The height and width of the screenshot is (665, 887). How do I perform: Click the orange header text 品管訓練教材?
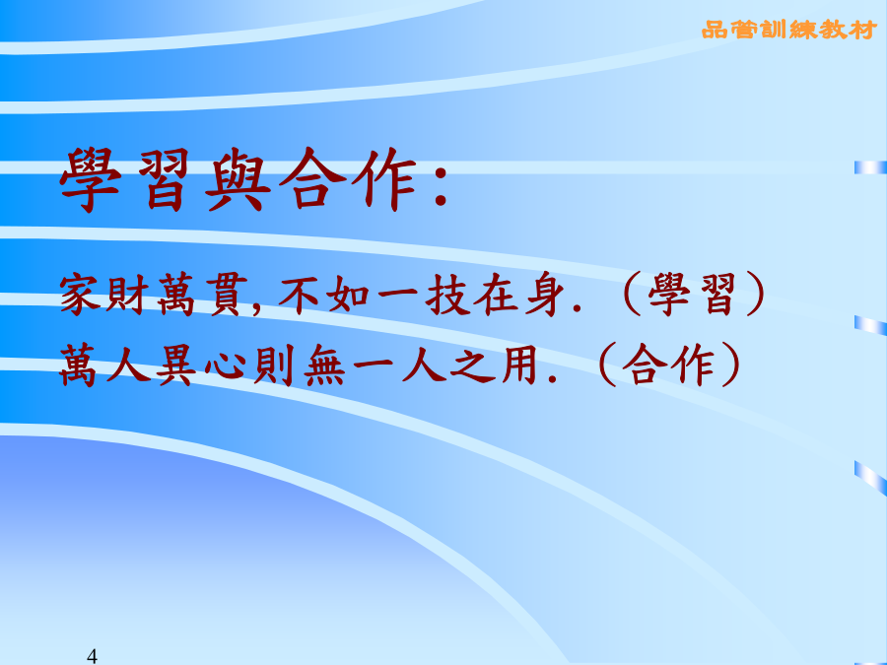pos(789,30)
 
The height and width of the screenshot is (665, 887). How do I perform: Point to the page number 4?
pos(93,656)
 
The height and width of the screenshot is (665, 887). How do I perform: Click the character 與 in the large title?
pos(239,180)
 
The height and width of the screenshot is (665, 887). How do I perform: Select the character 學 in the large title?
pos(90,180)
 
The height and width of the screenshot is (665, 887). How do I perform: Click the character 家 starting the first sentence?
pos(81,294)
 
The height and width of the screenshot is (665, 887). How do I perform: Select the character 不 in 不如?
pos(300,294)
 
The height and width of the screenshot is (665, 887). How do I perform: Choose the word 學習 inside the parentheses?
pos(692,294)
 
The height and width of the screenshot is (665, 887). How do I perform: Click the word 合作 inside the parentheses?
pos(667,365)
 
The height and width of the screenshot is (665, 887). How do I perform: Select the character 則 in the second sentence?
pos(274,365)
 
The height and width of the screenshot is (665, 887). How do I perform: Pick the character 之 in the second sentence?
pos(473,365)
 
